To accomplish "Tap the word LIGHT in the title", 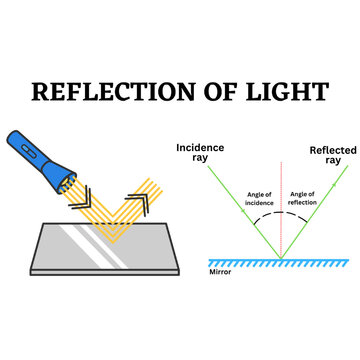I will pos(286,91).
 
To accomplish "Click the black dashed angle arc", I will pos(280,222).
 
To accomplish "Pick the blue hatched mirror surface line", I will pos(280,262).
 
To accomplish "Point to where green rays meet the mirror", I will pos(280,257).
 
